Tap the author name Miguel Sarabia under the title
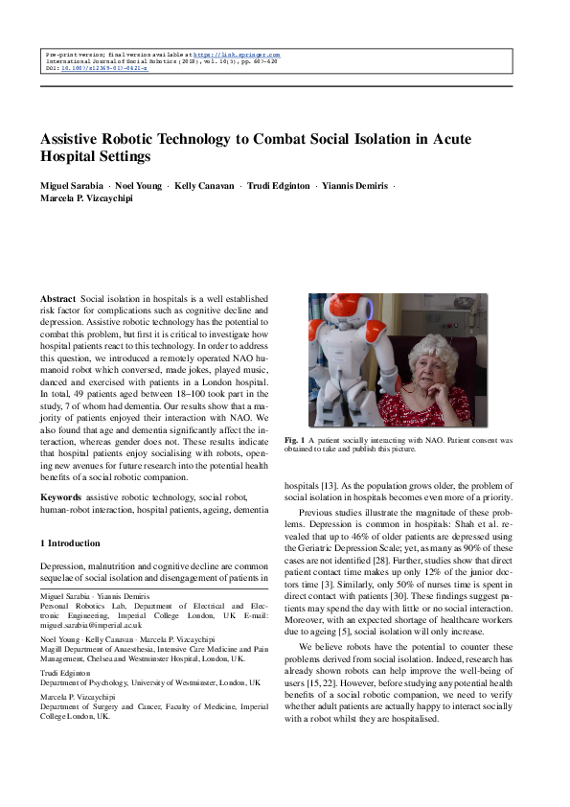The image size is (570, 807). click(69, 185)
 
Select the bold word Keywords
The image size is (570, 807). click(60, 497)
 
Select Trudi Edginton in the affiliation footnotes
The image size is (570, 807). click(62, 672)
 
